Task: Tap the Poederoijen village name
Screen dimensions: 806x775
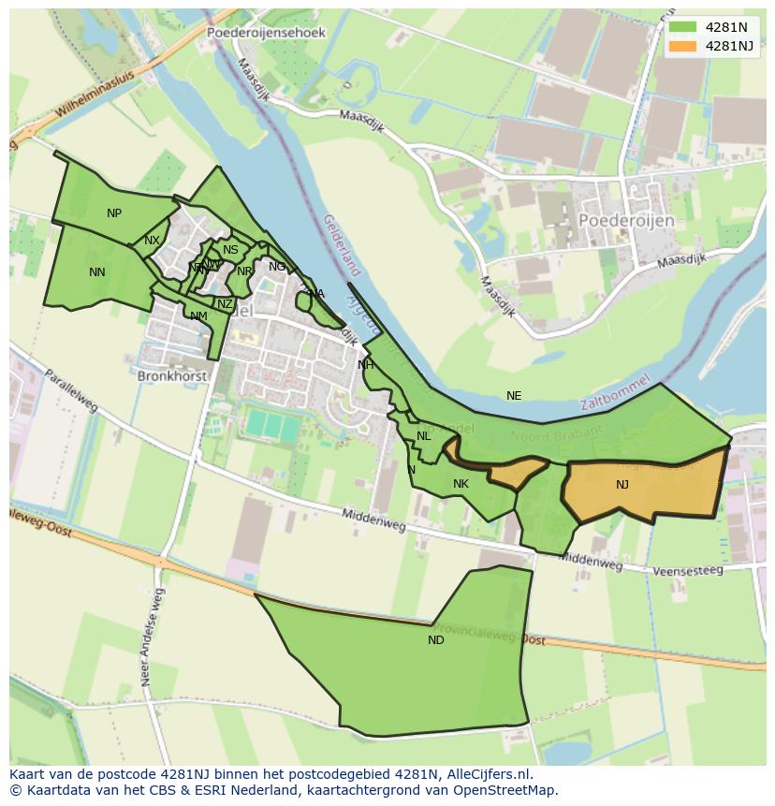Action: [x=626, y=219]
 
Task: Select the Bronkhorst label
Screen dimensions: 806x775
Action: [x=171, y=375]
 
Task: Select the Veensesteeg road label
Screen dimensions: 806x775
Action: [x=688, y=570]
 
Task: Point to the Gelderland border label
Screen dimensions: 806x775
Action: [x=341, y=246]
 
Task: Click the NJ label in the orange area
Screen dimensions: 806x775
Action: [x=622, y=484]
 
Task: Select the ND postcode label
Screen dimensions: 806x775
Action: [x=436, y=640]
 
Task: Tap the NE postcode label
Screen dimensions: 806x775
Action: [x=514, y=396]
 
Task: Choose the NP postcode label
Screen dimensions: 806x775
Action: [x=114, y=213]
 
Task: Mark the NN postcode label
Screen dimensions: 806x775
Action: [x=97, y=272]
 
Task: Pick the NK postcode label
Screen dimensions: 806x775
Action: [x=461, y=484]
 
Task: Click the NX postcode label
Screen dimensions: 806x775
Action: [x=152, y=241]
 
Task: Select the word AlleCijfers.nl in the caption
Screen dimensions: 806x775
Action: [x=487, y=774]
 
